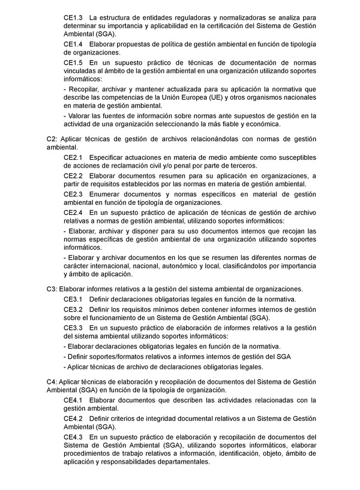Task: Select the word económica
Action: point(262,124)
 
